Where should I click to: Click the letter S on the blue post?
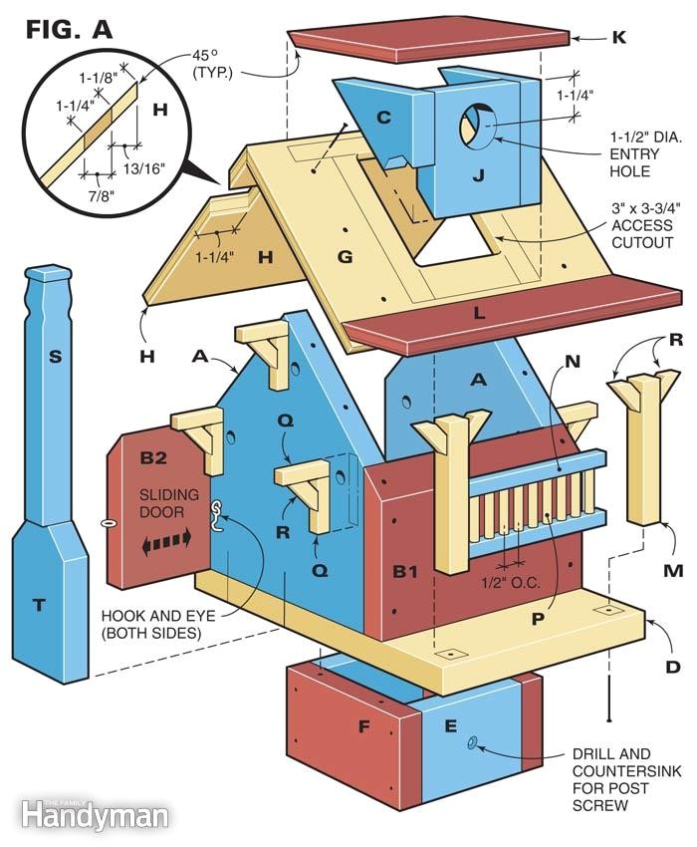coord(56,354)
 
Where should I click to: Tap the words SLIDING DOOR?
coord(168,503)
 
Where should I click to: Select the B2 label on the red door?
coord(154,457)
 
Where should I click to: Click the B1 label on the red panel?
coord(404,571)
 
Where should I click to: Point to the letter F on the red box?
coord(362,727)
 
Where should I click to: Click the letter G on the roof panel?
coord(345,257)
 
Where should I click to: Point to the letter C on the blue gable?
coord(382,119)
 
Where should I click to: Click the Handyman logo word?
coord(94,817)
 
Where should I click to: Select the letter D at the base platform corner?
coord(673,666)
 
